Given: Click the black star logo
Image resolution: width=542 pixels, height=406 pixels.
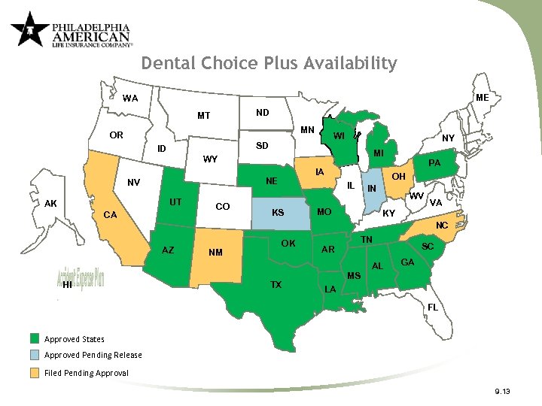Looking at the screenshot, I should click(x=29, y=29).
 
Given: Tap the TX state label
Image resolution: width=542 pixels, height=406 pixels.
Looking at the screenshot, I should click(x=276, y=284).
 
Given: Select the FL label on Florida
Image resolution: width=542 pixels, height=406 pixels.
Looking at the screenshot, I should click(x=432, y=308).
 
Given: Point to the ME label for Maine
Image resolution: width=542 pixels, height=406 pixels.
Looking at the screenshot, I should click(x=483, y=98).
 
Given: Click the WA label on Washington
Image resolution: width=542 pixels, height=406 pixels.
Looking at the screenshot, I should click(x=130, y=98).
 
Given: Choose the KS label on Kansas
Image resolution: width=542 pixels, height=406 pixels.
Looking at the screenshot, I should click(x=277, y=213).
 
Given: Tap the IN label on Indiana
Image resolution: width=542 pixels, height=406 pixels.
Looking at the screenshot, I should click(x=371, y=188).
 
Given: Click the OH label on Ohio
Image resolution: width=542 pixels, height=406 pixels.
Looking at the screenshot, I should click(x=399, y=177).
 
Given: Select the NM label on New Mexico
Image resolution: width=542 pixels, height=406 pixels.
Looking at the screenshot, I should click(x=216, y=252).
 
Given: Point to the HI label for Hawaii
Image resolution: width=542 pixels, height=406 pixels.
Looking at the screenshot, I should click(x=68, y=285).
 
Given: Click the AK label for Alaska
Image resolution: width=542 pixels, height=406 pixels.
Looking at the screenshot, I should click(x=51, y=203).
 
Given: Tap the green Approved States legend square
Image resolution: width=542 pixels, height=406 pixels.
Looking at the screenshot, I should click(x=35, y=339).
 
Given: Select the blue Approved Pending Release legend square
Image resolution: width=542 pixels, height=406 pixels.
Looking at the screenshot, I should click(x=35, y=356).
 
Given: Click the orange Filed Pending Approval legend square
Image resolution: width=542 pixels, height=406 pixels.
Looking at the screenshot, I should click(x=35, y=373).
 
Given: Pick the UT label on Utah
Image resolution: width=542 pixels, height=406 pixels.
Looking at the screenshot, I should click(x=175, y=202).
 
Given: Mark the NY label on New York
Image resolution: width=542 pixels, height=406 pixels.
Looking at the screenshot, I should click(x=448, y=138).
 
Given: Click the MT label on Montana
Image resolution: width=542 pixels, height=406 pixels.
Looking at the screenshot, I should click(x=203, y=116).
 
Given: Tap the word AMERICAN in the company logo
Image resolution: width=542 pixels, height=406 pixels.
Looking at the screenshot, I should click(x=90, y=35).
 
